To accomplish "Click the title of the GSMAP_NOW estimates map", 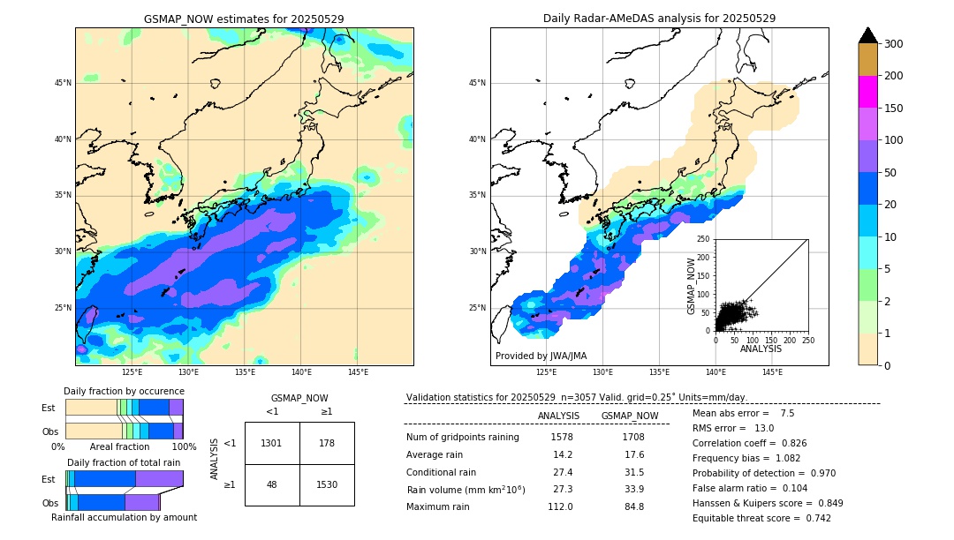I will pos(244,19).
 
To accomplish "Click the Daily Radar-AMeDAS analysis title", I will pos(659,19).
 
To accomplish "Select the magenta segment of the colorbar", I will pos(867,92).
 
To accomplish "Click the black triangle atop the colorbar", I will pos(867,35).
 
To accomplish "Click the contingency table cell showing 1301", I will pos(272,443).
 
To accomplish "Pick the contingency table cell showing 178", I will pos(327,443).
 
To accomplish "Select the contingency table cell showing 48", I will pos(272,484).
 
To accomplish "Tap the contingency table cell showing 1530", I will pos(327,484).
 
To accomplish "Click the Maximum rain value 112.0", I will pos(559,506).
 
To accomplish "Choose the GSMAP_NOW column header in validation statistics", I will pos(629,416).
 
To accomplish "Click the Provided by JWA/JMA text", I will pos(541,356).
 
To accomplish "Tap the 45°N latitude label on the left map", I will pos(63,83).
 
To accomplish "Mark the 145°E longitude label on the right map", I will pos(772,372).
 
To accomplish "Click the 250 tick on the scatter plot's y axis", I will pos(704,239).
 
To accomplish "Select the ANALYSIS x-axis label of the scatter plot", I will pos(761,349).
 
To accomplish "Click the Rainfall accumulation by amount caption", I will pos(124,517).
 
